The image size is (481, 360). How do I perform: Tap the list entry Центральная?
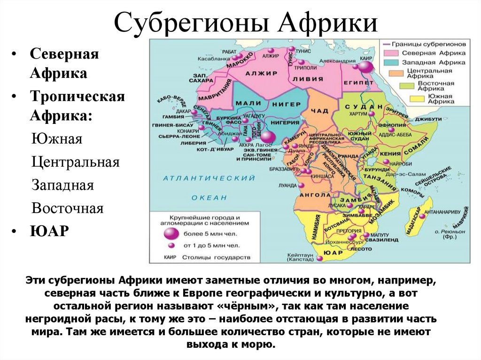click(75, 162)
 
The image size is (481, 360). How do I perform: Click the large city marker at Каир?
click(365, 68)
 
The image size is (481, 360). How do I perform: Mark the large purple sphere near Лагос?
click(267, 138)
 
